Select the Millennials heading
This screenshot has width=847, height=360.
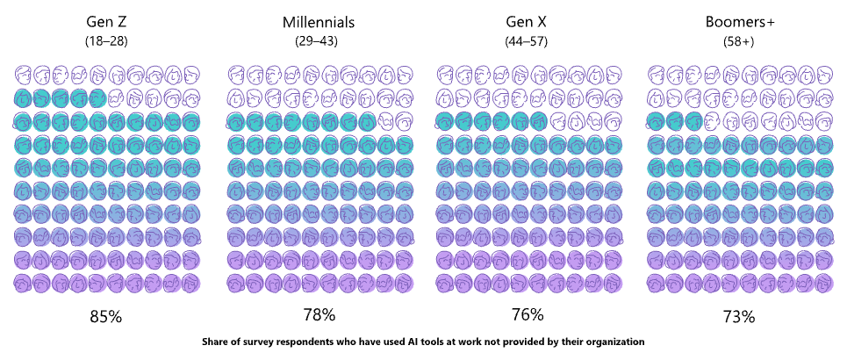click(x=317, y=22)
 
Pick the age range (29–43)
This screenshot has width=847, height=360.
click(x=317, y=41)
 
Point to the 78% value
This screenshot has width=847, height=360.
click(x=317, y=314)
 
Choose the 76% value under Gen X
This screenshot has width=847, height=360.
click(x=528, y=314)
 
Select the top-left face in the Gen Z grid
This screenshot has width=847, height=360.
click(x=23, y=75)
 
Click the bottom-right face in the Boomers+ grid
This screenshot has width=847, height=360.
click(x=823, y=283)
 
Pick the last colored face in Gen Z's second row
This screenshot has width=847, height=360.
click(x=97, y=97)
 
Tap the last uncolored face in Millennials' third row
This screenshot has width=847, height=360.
click(x=405, y=121)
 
